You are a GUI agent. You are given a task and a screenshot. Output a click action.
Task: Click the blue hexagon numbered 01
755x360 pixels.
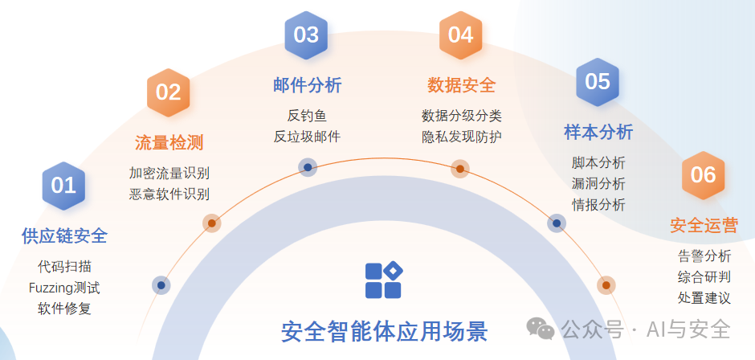coord(63,185)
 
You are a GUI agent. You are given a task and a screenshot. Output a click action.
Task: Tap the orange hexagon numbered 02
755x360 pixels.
coord(168,92)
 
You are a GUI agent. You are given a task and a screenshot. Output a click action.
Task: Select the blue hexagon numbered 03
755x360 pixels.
coord(306,35)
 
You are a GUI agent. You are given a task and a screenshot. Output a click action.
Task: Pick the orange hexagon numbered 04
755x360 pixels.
coord(460,35)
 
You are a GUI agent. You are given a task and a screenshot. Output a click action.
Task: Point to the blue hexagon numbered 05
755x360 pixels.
coord(598,81)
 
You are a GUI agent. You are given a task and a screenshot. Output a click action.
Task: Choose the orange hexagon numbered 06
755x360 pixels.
coord(703,174)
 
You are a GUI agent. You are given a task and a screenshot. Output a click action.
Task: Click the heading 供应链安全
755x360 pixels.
coord(64,235)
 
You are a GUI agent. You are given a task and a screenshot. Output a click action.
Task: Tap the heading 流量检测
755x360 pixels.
coord(169,143)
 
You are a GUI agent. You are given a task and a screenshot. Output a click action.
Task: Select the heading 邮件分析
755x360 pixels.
coord(307,85)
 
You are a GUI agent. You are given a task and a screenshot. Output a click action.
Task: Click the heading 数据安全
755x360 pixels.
coord(461,85)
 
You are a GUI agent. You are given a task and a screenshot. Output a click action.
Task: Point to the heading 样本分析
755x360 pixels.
coord(598,132)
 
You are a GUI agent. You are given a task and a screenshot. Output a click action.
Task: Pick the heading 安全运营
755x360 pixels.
coord(704,225)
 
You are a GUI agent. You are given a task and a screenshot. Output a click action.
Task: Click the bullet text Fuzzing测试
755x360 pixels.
coord(64,287)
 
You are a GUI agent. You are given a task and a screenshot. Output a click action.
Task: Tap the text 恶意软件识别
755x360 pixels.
coord(169,194)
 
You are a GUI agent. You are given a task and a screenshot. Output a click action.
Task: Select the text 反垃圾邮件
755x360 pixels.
coord(307,137)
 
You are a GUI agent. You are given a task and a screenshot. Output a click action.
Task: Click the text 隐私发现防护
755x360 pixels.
coord(461,137)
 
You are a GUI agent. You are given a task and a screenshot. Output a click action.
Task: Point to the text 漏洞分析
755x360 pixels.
coord(598,183)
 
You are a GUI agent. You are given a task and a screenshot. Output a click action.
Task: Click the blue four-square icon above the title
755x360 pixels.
coord(383,280)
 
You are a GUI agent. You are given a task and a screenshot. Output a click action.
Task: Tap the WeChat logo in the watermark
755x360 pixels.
coord(541,328)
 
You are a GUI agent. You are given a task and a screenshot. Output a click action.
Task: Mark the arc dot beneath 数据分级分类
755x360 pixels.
coord(459,169)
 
